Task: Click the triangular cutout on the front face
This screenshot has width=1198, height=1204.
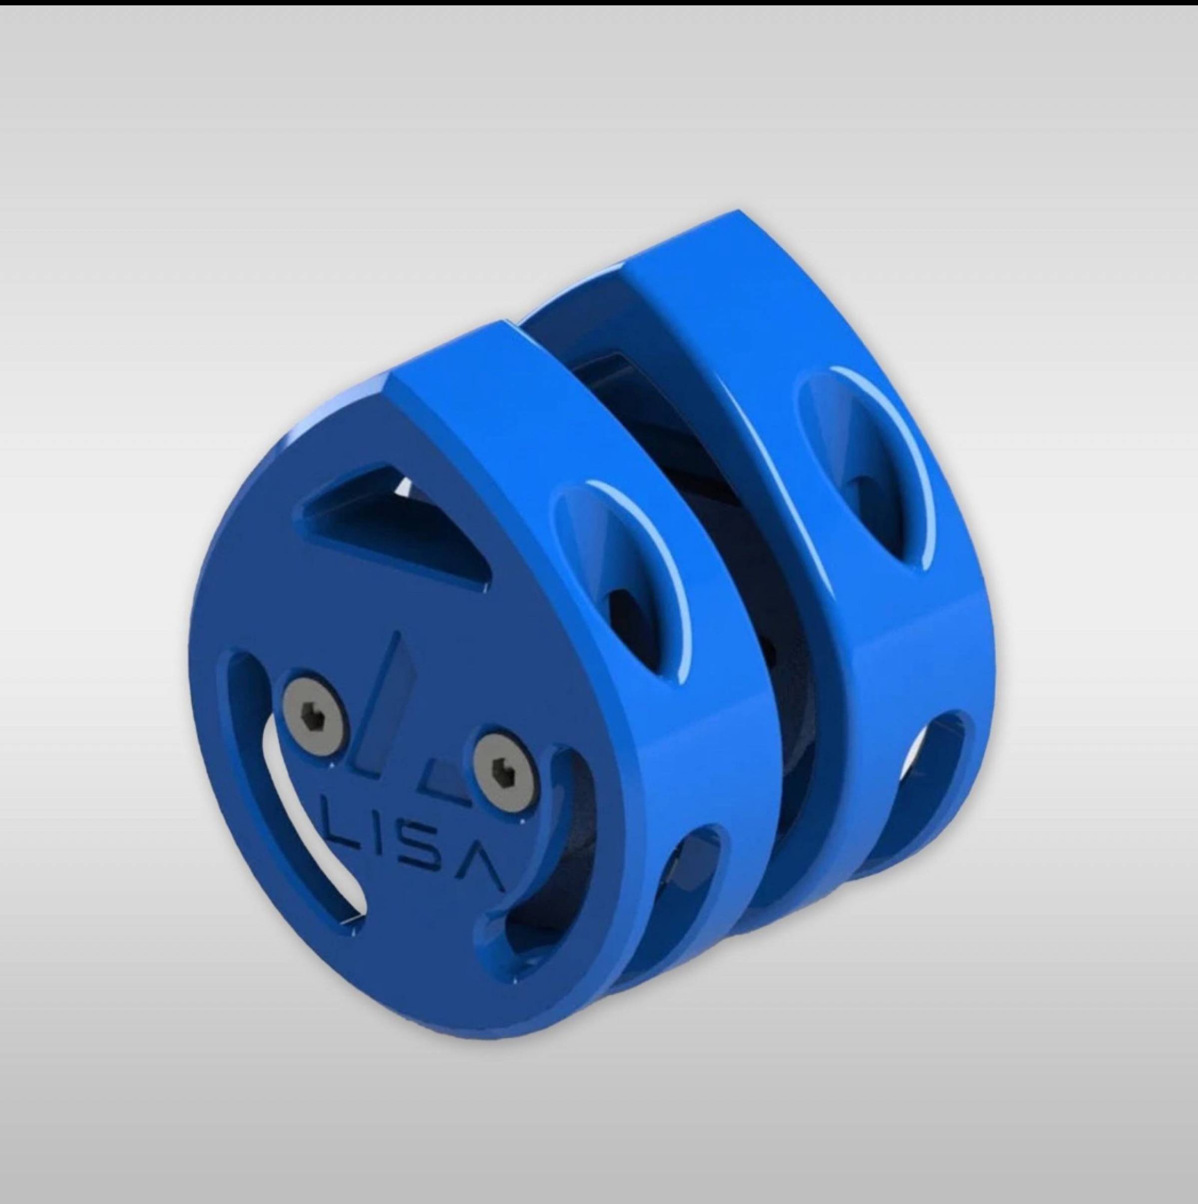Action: tap(392, 520)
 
